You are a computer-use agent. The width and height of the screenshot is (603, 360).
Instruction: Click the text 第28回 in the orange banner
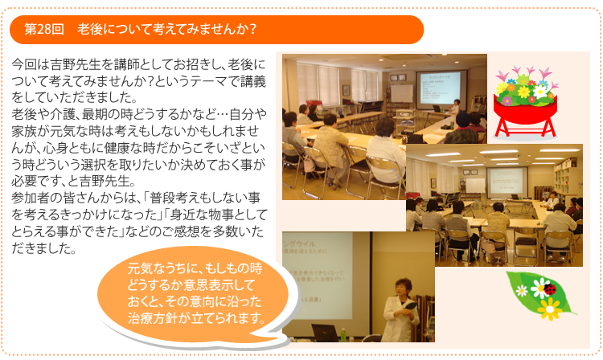[44, 29]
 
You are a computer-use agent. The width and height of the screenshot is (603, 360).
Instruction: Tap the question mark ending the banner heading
[252, 29]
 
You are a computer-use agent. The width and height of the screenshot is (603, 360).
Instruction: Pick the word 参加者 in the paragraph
[31, 198]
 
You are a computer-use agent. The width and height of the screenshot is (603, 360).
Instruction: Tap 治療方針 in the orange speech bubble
[153, 318]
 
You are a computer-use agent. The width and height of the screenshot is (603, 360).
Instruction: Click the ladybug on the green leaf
[550, 290]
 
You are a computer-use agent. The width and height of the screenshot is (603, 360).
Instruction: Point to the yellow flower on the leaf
[550, 309]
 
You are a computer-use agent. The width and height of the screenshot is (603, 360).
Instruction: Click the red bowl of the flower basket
[525, 111]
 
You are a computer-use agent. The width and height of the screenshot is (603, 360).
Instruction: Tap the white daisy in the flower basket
[540, 91]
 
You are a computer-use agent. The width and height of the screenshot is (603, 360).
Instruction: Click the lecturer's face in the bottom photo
[400, 288]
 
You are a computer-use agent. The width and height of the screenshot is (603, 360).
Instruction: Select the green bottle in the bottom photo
[343, 334]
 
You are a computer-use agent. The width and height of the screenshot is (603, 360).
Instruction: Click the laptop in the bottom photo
[325, 333]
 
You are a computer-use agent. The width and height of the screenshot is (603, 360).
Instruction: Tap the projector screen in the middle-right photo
[507, 182]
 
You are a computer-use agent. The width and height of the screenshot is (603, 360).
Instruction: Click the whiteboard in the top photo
[401, 93]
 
